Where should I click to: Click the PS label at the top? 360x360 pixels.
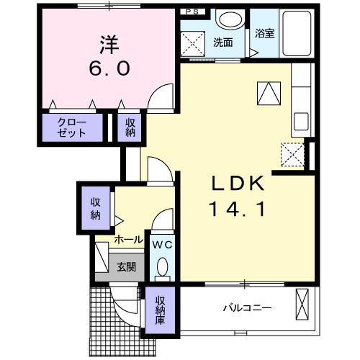click(x=192, y=12)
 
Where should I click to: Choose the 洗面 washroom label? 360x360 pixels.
click(x=222, y=42)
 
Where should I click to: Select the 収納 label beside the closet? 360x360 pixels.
click(x=131, y=127)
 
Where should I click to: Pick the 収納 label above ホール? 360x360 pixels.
click(x=96, y=207)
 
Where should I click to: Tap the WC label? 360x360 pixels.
click(x=162, y=245)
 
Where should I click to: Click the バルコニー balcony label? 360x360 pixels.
click(x=246, y=308)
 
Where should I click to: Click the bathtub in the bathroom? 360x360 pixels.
click(x=295, y=36)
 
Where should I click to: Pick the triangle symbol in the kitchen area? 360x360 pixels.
click(x=266, y=92)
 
